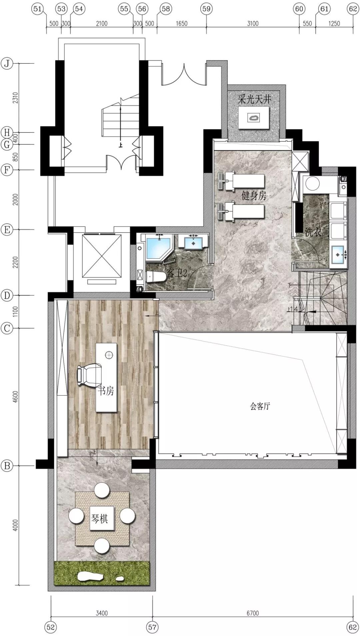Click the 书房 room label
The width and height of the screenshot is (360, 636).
[x=106, y=390]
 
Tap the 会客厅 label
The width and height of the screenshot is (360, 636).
[x=260, y=406]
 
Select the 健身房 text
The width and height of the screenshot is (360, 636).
[x=254, y=196]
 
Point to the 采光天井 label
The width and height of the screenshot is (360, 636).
[x=255, y=99]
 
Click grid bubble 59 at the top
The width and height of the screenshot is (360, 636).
[x=206, y=9]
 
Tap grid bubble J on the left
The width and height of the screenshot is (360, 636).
[x=7, y=63]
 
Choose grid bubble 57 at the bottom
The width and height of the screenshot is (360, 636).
[x=152, y=627]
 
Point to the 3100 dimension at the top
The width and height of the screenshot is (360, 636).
[x=253, y=23]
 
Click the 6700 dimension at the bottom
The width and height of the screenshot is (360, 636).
[x=253, y=613]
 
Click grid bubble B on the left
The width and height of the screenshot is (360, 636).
[x=7, y=466]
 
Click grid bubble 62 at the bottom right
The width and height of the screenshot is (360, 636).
[x=353, y=627]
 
